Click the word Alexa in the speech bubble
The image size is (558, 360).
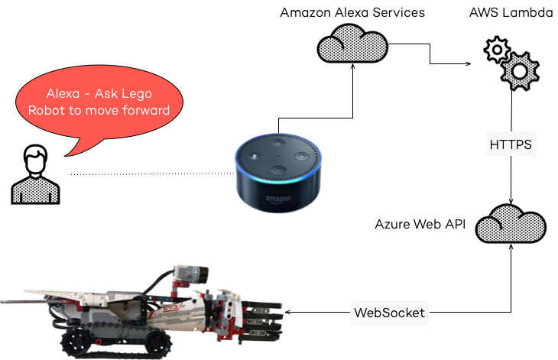click(63, 94)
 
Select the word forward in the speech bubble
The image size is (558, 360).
click(144, 110)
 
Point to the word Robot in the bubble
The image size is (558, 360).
click(46, 110)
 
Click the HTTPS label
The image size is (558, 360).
click(511, 144)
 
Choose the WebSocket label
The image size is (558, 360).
click(389, 312)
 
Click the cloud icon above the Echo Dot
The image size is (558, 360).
click(352, 44)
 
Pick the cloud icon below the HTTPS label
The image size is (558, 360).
click(510, 224)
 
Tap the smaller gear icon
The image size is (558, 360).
click(497, 50)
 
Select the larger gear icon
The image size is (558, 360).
click(520, 71)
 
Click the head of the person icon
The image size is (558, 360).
click(34, 161)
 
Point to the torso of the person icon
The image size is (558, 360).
click(35, 189)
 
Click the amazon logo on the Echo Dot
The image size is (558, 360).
click(277, 199)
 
